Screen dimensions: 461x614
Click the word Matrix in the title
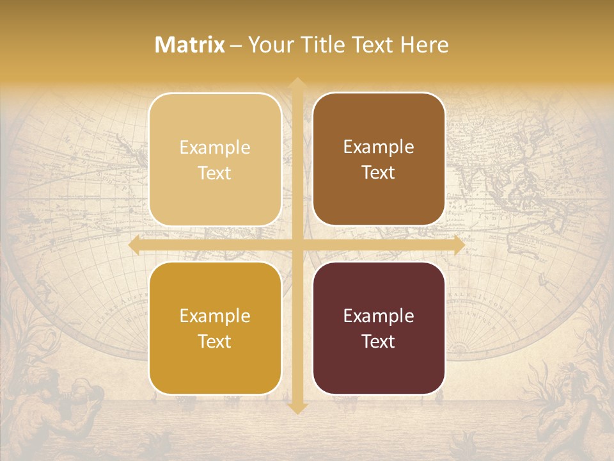point(190,45)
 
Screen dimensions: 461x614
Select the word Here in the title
point(425,45)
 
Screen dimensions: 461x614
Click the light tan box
point(215,159)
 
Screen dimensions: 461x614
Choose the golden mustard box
point(215,328)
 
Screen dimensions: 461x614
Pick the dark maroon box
point(379,328)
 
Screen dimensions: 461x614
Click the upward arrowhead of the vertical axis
point(297,83)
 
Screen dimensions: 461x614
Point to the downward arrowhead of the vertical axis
point(297,408)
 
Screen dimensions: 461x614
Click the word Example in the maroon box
point(379,316)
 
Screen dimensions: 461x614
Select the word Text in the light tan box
point(215,173)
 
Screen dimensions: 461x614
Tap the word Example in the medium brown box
point(379,147)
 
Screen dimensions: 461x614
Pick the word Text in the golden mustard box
point(215,341)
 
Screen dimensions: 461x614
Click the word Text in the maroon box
point(379,341)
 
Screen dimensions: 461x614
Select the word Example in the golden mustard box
point(215,316)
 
